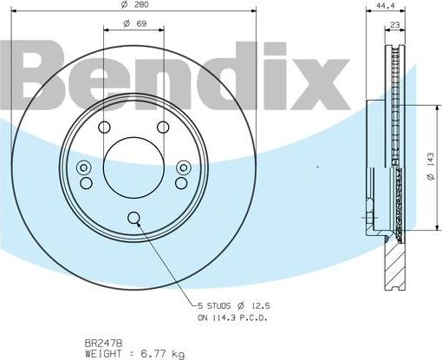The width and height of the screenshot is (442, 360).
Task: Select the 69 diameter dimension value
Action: click(141, 23)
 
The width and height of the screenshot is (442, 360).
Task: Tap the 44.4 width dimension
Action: click(386, 5)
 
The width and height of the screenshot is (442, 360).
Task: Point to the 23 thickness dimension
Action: click(394, 25)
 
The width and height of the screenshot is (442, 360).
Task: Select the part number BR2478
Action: click(104, 344)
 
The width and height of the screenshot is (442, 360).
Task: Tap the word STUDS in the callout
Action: click(218, 306)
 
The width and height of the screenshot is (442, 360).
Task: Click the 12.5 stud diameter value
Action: click(260, 306)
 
